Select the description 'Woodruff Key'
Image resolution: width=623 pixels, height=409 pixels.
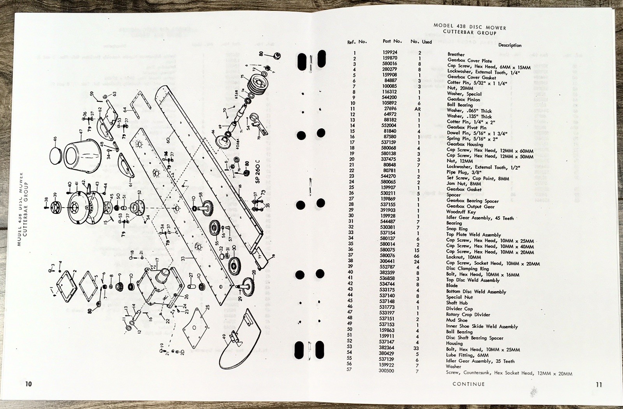(x=462, y=212)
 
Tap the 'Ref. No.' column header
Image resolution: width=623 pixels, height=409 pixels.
(x=357, y=42)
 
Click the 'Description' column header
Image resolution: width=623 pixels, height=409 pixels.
(x=510, y=45)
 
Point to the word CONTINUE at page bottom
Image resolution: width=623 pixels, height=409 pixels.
(x=468, y=384)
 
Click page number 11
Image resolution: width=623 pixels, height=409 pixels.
(x=598, y=384)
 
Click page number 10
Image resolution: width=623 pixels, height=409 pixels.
(x=28, y=384)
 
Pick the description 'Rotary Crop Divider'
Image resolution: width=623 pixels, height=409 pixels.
(x=468, y=315)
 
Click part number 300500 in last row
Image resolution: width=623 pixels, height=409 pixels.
(x=386, y=371)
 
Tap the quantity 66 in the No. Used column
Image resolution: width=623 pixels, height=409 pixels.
(x=417, y=255)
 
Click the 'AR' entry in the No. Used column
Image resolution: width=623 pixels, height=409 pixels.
(x=417, y=109)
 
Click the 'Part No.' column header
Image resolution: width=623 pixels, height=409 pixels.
(x=392, y=41)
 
